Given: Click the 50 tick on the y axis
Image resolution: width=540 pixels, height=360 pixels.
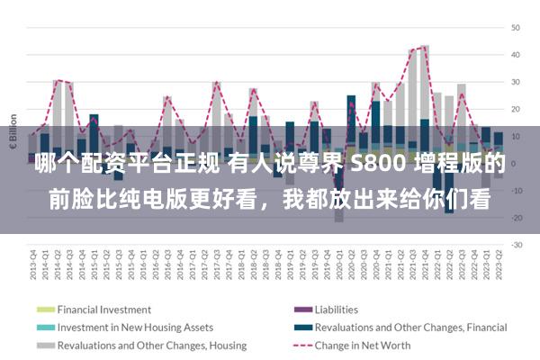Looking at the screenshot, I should pos(517,28).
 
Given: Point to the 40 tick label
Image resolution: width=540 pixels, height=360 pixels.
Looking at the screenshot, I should pos(517,55).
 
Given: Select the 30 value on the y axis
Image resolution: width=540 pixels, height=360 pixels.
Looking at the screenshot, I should pos(517,82).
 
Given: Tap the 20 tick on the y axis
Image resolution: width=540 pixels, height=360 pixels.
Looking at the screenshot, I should pos(517,109).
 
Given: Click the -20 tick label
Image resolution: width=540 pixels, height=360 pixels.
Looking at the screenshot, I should pos(517,218).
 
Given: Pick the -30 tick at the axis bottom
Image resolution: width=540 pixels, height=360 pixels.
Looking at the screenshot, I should pos(517,245).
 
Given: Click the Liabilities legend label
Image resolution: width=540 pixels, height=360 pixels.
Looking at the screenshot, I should pos(333,309).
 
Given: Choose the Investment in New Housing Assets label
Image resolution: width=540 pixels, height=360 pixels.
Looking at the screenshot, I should pos(135,327).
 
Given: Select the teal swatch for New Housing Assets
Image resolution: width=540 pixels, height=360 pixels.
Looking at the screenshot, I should pos(45,327).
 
